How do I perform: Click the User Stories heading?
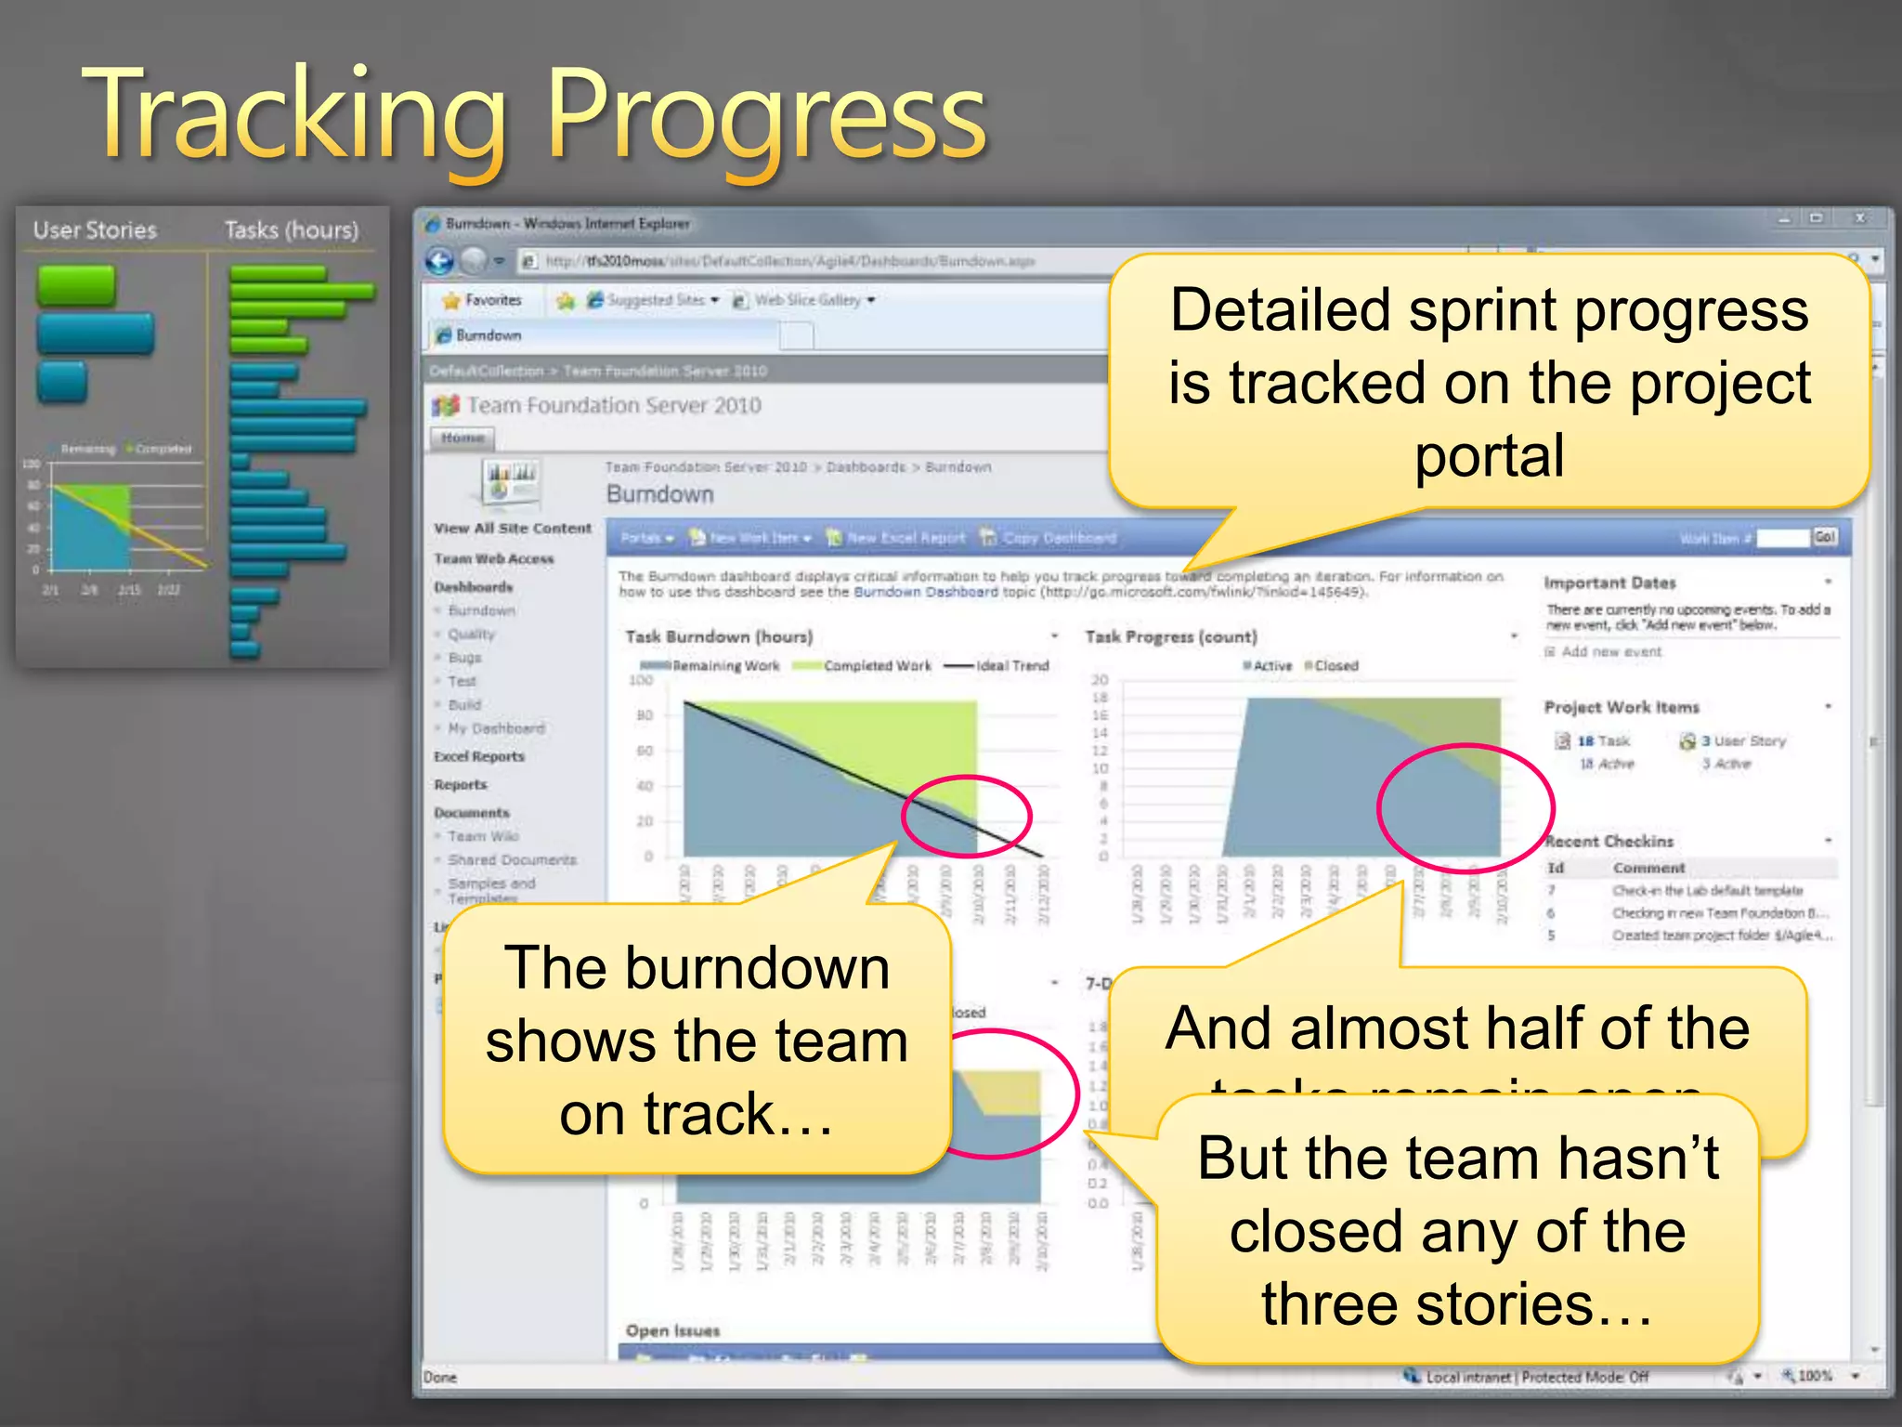point(95,230)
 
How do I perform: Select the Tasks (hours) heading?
point(291,230)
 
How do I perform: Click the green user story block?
point(76,285)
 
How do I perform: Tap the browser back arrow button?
point(439,261)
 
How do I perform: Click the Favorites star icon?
point(452,300)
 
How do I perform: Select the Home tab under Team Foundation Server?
point(462,438)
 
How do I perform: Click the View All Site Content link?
point(512,528)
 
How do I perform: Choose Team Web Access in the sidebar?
point(493,558)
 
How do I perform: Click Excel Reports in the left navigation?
point(478,756)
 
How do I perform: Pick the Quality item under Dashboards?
point(471,635)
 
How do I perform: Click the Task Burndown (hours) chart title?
point(718,636)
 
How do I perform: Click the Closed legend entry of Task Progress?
point(1335,665)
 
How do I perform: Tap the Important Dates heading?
point(1609,583)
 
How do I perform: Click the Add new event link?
point(1610,651)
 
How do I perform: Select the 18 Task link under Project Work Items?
point(1603,740)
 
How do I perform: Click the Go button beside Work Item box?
point(1825,537)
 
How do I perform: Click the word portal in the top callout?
point(1489,457)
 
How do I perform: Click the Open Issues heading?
point(672,1330)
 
